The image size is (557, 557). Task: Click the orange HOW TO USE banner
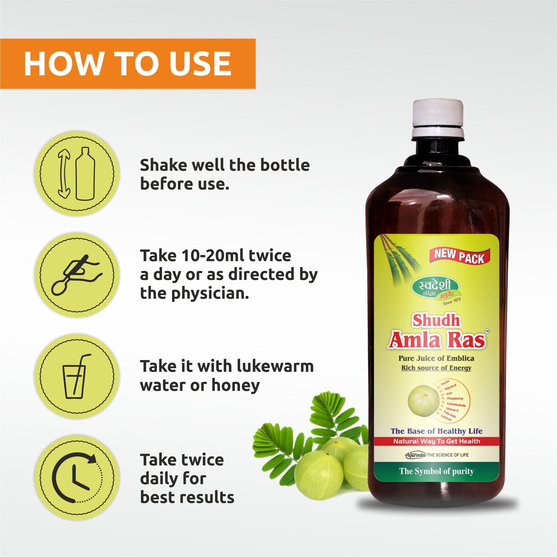click(x=128, y=64)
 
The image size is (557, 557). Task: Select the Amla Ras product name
click(x=436, y=340)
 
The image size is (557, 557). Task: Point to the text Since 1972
click(x=452, y=302)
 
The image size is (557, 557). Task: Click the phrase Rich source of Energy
click(x=436, y=368)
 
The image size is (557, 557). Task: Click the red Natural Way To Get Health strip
click(x=437, y=449)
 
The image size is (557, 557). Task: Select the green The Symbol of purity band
click(x=437, y=471)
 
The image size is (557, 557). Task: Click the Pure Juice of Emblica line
click(x=436, y=358)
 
